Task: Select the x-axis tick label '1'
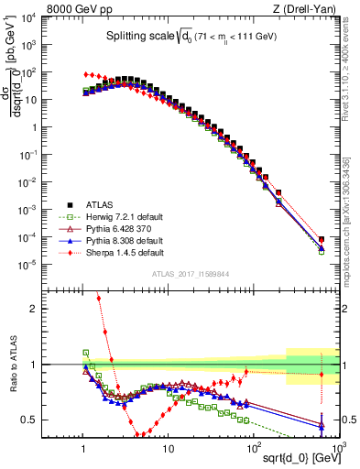coord(84,447)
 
